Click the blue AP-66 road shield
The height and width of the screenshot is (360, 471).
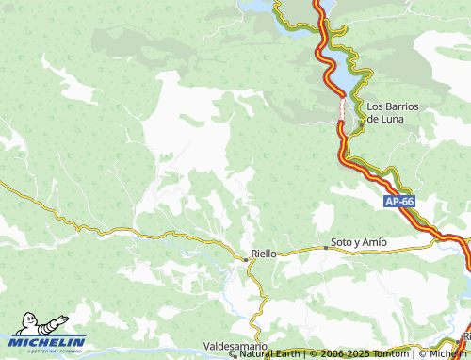pos(399,202)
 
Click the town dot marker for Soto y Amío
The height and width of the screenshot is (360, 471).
pos(326,247)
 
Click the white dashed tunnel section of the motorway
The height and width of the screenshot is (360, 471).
pos(342,109)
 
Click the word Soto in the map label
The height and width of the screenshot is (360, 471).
pos(340,242)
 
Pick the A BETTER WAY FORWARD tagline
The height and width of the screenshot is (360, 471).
pos(47,352)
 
